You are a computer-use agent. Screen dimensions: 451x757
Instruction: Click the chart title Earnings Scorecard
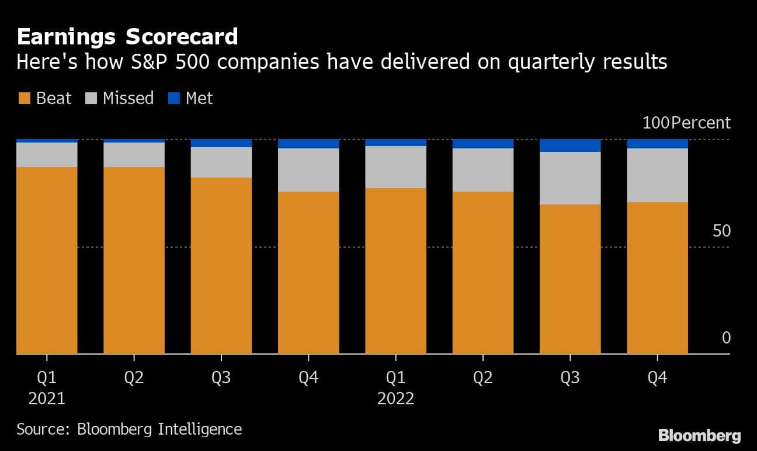coord(127,37)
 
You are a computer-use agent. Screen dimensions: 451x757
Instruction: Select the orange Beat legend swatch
coord(24,98)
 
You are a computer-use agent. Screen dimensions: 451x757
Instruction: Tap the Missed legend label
coord(128,98)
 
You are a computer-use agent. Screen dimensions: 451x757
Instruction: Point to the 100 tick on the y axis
coord(655,123)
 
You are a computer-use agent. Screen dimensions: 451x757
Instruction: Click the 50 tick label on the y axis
coord(721,231)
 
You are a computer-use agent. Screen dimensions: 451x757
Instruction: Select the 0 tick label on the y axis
coord(726,338)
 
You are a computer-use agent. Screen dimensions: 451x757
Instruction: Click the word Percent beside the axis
coord(701,123)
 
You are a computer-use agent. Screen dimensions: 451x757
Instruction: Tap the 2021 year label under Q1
coord(47,399)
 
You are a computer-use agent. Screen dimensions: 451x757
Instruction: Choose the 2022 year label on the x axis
coord(395,399)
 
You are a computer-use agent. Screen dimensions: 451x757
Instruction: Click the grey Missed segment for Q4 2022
coord(657,175)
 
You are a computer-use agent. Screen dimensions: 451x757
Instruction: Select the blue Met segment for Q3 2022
coord(570,145)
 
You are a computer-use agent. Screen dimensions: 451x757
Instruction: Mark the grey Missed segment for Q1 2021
coord(47,155)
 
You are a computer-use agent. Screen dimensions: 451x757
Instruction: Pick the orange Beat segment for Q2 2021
coord(134,260)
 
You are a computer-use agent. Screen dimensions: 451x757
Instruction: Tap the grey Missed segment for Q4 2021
coord(308,170)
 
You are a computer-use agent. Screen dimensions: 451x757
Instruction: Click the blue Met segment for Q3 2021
coord(221,143)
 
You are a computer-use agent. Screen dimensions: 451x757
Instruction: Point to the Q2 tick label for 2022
coord(482,377)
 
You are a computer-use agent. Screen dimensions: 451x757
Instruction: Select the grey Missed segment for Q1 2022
coord(395,167)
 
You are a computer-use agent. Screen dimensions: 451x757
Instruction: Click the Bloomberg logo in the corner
coord(699,435)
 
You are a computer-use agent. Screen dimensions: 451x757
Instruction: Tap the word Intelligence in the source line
coord(200,429)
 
